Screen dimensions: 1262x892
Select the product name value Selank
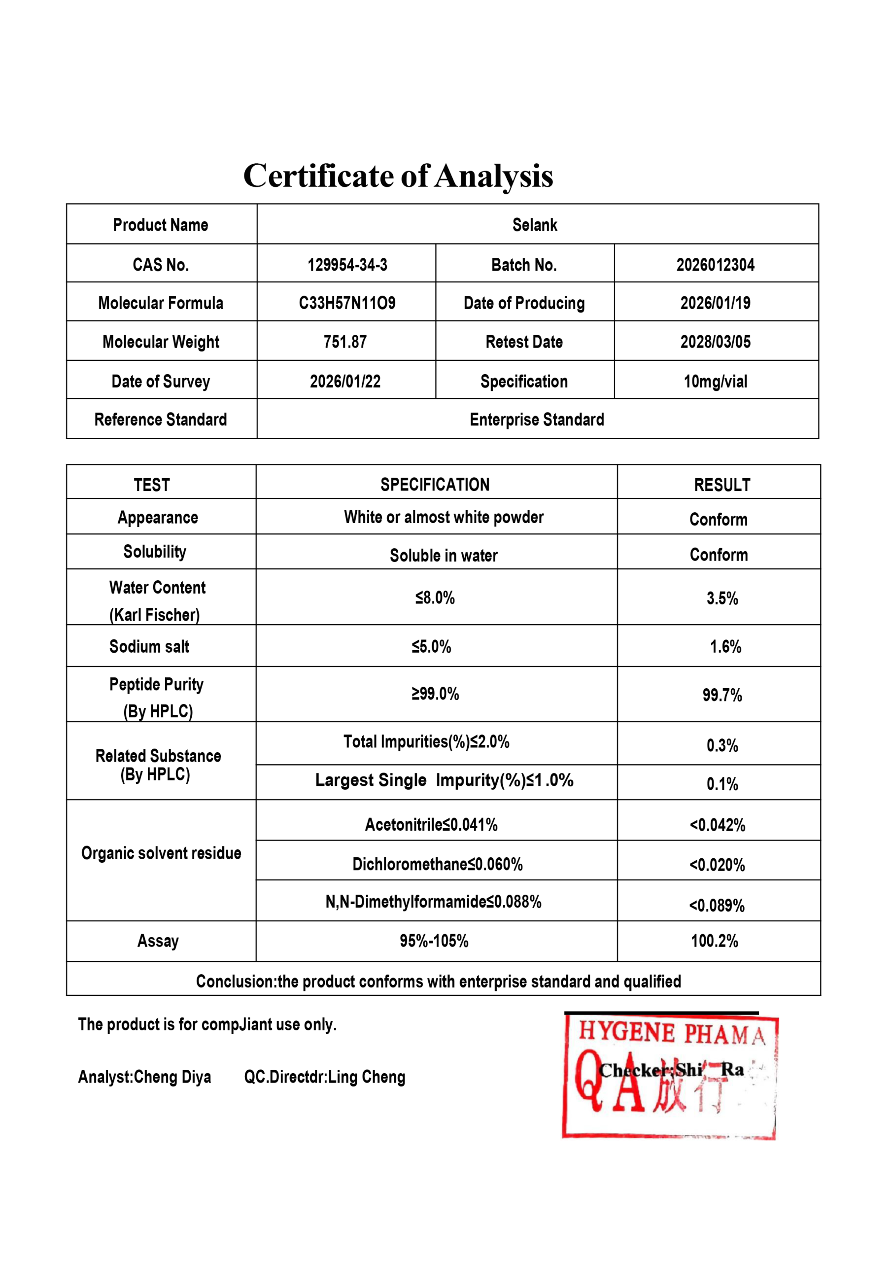coord(534,225)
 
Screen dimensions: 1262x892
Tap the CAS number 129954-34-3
coord(347,265)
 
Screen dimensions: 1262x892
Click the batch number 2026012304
coord(715,265)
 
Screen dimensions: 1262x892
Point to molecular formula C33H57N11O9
coord(347,303)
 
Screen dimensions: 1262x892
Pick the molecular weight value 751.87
coord(344,342)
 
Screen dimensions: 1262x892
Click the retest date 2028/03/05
coord(715,342)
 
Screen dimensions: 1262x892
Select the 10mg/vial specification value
coord(715,382)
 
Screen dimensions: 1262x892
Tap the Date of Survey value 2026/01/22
coord(344,382)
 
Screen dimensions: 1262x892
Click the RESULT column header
coord(721,485)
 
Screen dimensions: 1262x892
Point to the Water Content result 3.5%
coord(721,598)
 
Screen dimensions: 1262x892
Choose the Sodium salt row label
coord(149,646)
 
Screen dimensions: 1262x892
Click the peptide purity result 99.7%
coord(721,695)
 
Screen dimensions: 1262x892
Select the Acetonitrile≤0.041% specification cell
coord(431,824)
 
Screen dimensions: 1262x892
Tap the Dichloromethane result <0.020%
coord(717,865)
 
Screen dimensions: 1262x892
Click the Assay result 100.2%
coord(714,941)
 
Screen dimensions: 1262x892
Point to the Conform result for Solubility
coord(719,555)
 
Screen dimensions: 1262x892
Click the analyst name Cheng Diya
coord(172,1077)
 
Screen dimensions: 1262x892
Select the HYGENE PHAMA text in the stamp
coord(672,1033)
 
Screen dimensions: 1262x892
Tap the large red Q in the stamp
coord(589,1080)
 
